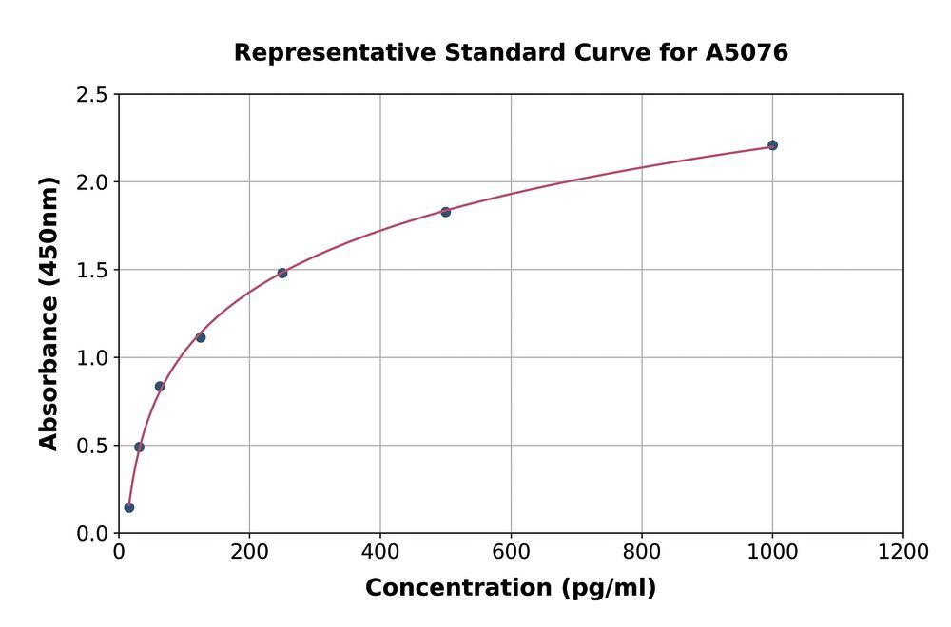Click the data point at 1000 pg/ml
[772, 145]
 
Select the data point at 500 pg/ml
[445, 212]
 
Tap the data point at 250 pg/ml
[282, 273]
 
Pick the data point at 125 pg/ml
[201, 337]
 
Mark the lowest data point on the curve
[129, 507]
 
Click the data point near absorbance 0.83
[160, 387]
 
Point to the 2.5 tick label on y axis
[92, 95]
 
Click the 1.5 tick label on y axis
[92, 270]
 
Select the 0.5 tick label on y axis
[92, 446]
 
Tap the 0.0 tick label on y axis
[92, 534]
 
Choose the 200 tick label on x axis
[249, 552]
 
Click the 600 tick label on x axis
[511, 552]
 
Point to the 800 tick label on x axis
[641, 552]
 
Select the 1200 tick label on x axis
[902, 552]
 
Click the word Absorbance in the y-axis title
[49, 371]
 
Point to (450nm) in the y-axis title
[49, 232]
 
